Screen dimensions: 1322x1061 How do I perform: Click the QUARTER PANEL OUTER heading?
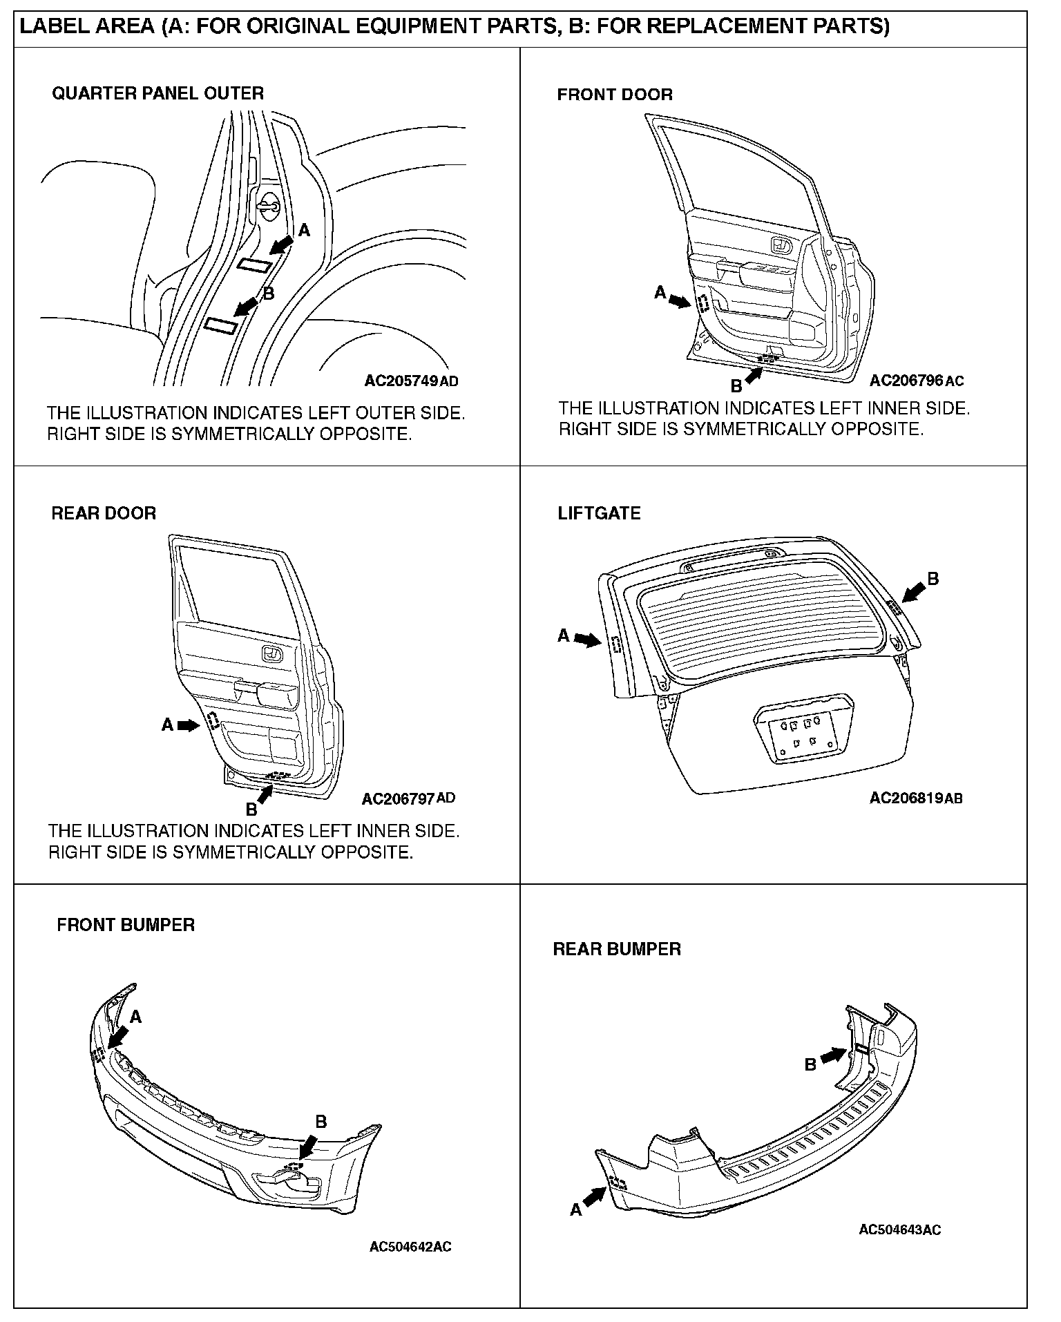157,93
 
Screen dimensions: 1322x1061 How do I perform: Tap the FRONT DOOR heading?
615,95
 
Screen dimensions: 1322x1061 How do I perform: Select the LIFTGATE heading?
599,513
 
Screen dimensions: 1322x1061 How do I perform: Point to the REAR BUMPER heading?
617,949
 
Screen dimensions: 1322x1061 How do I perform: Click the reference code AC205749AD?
411,381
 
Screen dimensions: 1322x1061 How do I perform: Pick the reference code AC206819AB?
916,798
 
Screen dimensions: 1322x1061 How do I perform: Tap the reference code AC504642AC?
410,1247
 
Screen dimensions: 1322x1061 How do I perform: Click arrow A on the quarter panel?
281,243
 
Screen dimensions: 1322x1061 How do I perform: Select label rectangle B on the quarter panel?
221,325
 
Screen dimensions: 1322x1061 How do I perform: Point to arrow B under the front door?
753,376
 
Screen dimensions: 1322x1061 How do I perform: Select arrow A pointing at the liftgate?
588,640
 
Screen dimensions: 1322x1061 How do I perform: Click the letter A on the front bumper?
136,1017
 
